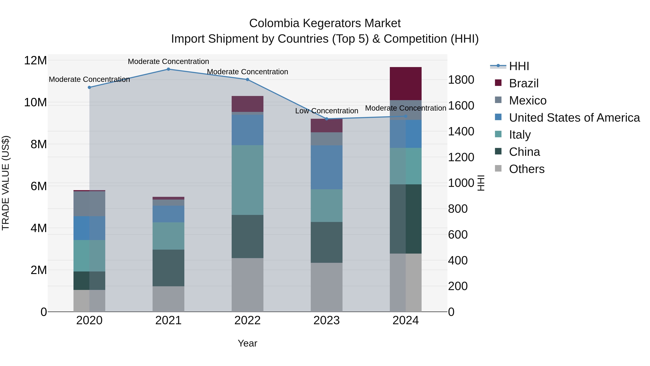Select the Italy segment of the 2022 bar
247,180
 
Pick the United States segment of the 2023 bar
326,167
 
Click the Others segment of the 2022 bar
247,285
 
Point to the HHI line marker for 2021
168,69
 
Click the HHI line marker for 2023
326,119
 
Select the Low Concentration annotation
326,111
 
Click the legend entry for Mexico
527,100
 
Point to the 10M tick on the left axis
35,102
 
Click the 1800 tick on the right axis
461,80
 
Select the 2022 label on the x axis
247,320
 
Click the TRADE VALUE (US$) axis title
6,183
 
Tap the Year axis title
247,343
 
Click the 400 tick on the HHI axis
458,260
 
